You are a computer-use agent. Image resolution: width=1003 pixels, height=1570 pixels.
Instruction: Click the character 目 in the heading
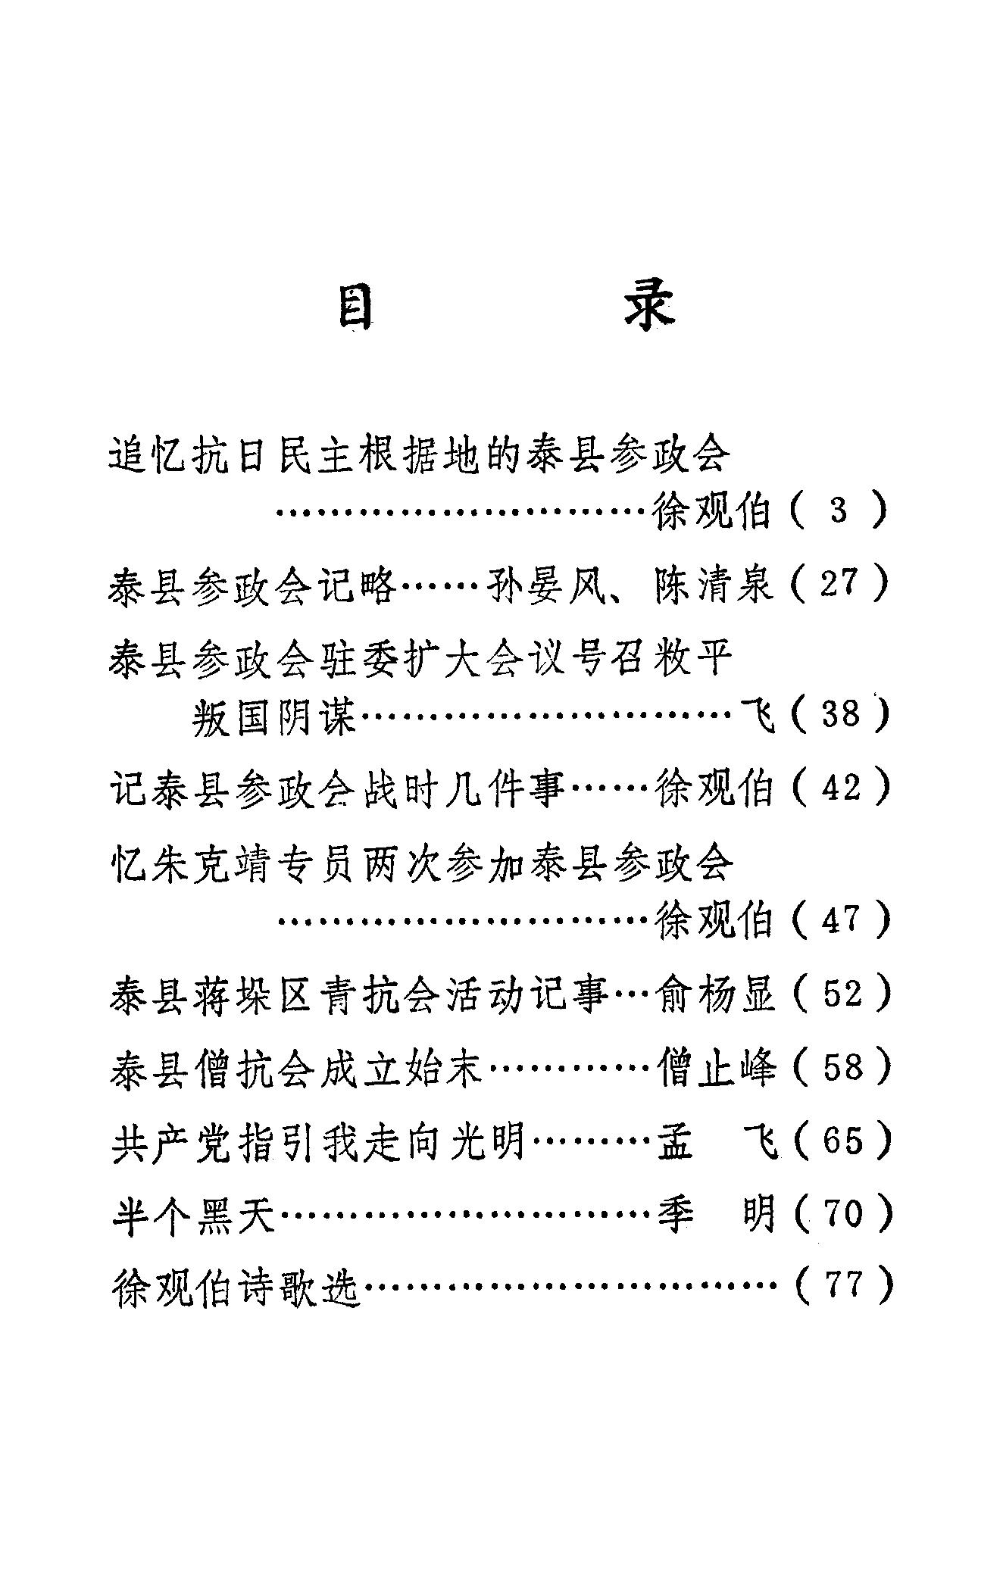pos(355,307)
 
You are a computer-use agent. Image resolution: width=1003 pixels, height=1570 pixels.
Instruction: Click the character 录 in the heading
pos(648,307)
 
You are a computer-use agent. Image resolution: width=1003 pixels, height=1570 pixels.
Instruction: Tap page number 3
pos(839,511)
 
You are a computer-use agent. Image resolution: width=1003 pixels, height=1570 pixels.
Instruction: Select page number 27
pos(842,584)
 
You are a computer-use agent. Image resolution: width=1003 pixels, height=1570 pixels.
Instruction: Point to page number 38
pos(842,714)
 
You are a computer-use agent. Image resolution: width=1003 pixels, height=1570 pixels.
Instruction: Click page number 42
pos(842,788)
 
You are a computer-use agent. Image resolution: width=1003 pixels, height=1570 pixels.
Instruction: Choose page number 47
pos(842,919)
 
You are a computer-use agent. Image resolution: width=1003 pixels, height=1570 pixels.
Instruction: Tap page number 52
pos(842,993)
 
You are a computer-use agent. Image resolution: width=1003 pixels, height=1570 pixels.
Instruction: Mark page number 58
pos(842,1066)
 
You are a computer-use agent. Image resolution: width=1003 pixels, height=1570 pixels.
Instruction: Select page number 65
pos(842,1140)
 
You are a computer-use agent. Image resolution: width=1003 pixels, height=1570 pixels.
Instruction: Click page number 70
pos(842,1213)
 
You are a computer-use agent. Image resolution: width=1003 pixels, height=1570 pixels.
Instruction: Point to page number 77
pos(842,1285)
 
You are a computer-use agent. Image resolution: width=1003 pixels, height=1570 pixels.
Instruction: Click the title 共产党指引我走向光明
pos(317,1141)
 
